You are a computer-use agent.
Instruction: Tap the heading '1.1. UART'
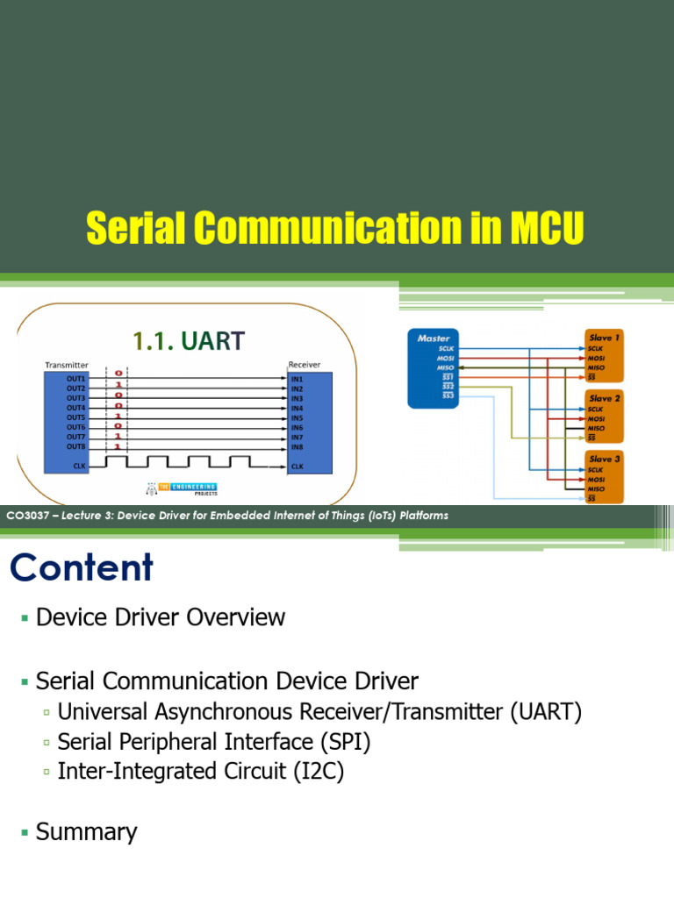[187, 341]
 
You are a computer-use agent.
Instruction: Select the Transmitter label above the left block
[66, 364]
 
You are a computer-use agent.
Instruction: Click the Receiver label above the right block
[304, 364]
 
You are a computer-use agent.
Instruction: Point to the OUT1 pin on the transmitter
[76, 378]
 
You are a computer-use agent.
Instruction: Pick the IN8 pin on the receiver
[297, 446]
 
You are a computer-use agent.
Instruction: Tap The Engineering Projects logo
[180, 488]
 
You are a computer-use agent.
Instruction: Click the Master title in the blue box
[434, 338]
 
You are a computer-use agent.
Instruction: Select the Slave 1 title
[605, 338]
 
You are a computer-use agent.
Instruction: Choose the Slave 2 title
[605, 398]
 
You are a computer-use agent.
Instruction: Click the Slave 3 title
[605, 459]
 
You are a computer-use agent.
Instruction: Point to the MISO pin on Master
[446, 367]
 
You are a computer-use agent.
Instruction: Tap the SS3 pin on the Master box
[448, 396]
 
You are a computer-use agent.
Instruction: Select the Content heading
[82, 568]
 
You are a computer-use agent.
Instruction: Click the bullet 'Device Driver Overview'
[161, 617]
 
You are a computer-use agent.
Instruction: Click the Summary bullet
[86, 831]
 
